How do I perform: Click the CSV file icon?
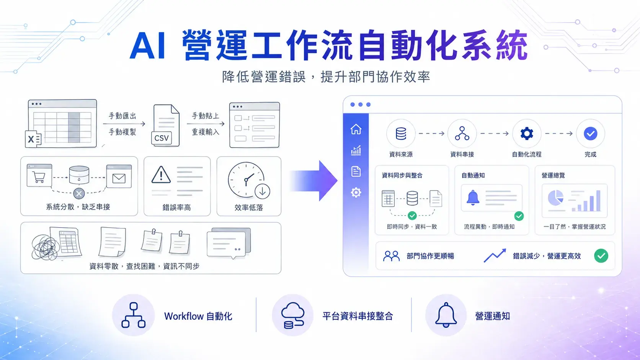tap(165, 125)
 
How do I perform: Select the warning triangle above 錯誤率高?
tap(161, 175)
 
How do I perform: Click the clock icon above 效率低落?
tap(246, 180)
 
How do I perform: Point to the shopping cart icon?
tap(39, 177)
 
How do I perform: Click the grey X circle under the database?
tap(79, 194)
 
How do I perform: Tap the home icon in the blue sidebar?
tap(356, 129)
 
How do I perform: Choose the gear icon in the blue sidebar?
tap(356, 192)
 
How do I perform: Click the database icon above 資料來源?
tap(401, 134)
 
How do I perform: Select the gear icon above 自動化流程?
tap(527, 134)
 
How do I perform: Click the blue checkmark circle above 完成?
tap(590, 134)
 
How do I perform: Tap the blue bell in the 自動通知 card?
tap(473, 197)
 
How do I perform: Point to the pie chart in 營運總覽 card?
tap(555, 198)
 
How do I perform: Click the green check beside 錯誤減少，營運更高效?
tap(601, 256)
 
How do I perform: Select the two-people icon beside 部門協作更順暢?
tap(391, 256)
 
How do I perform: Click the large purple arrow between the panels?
tap(314, 181)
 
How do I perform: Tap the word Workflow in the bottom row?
tap(183, 316)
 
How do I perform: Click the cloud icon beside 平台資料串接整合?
tap(292, 315)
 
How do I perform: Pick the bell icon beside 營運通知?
tap(446, 315)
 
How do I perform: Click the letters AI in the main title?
tap(147, 46)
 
